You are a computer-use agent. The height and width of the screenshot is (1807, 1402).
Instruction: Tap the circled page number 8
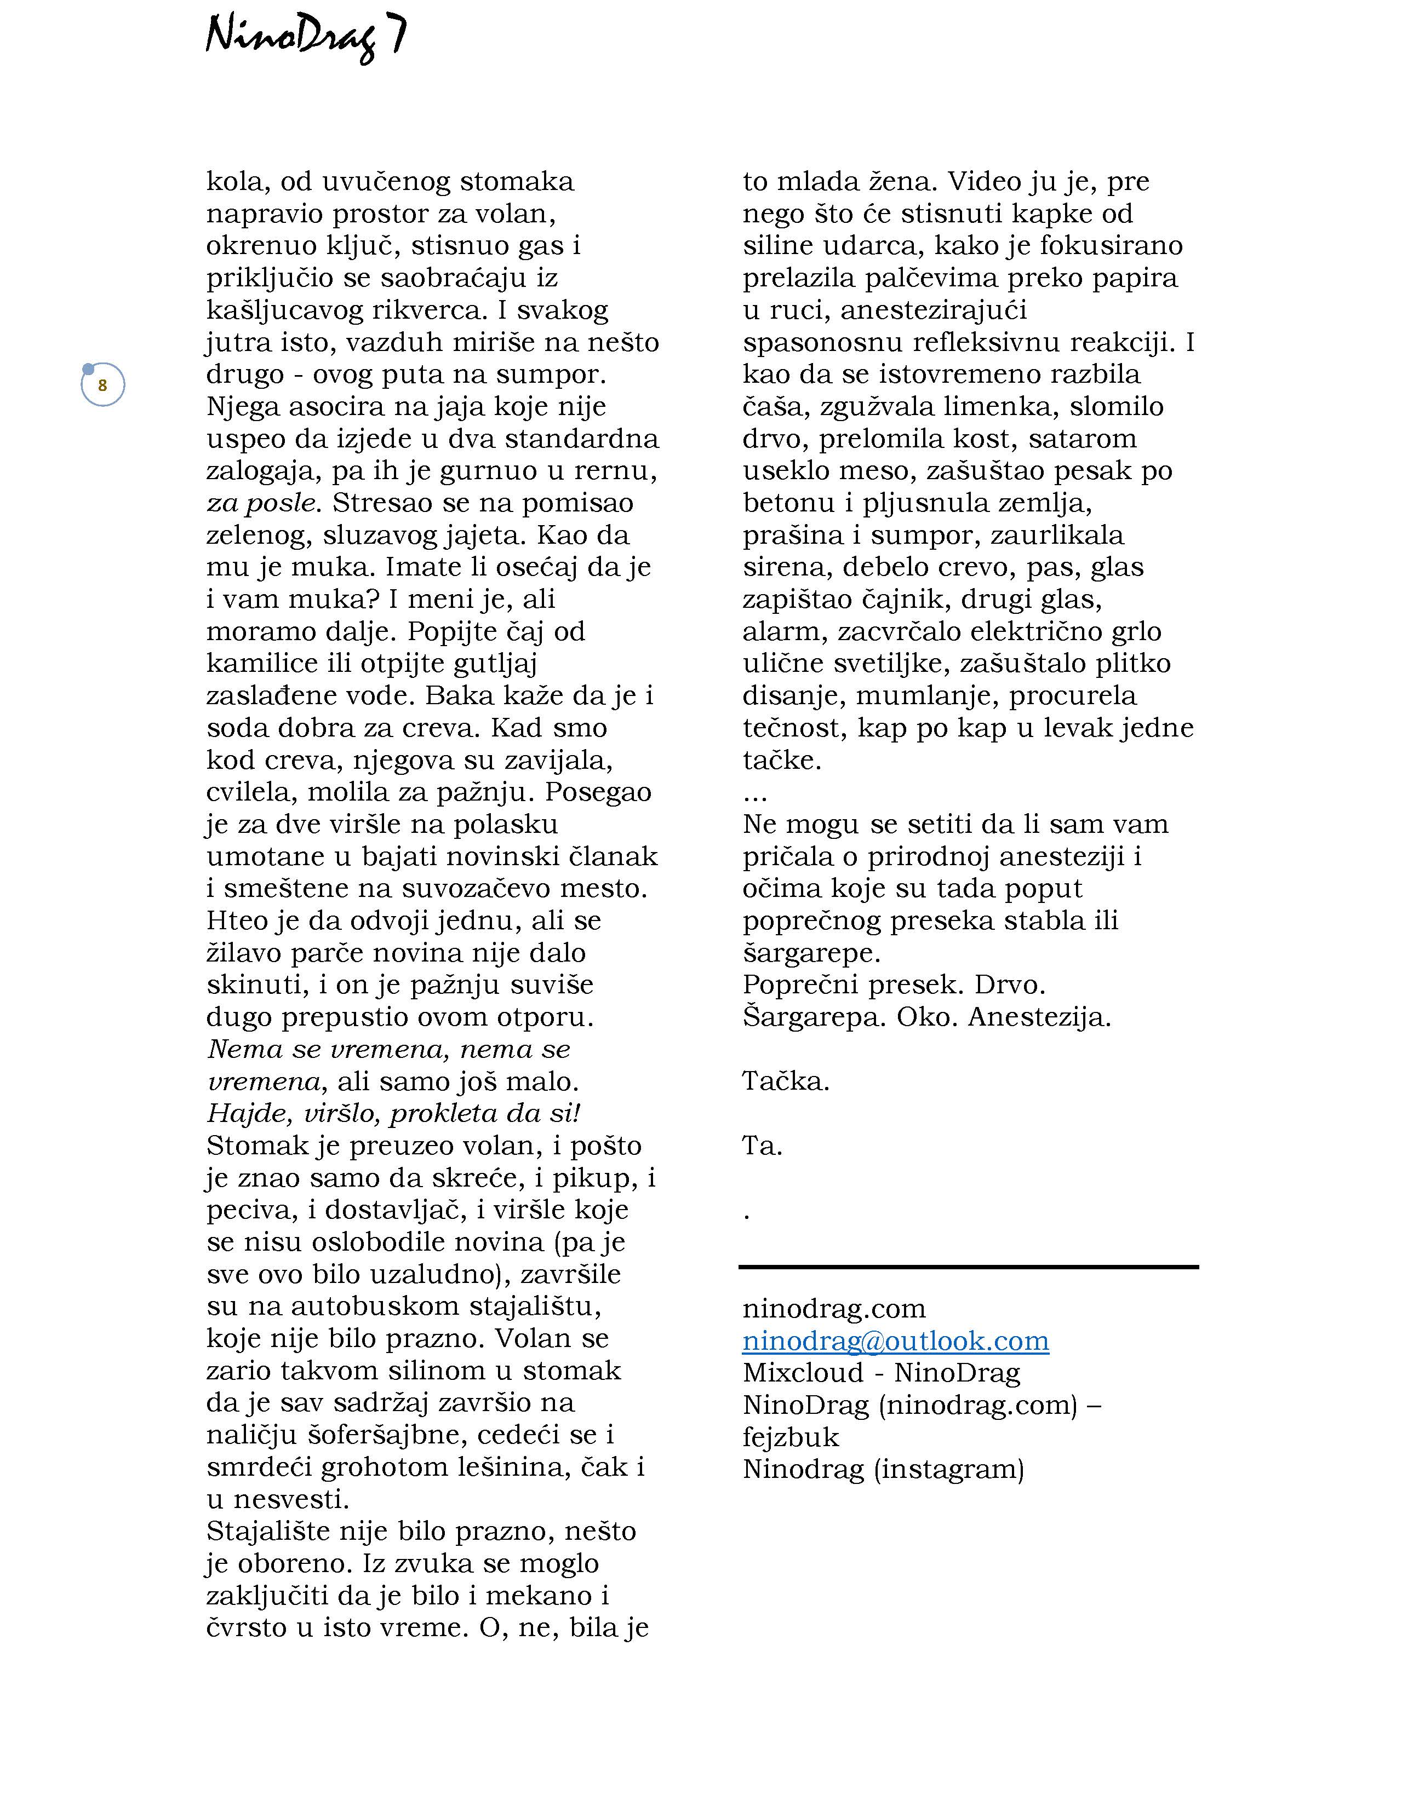tap(102, 385)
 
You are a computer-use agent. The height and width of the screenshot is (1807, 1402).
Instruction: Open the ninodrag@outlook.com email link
tap(895, 1341)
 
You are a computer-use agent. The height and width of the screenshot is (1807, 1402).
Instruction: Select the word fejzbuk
tap(791, 1437)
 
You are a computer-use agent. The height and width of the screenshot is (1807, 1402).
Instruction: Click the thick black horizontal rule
tap(968, 1267)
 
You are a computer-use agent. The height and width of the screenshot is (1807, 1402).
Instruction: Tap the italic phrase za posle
tap(261, 503)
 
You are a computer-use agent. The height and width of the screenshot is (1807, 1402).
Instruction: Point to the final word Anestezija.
tap(1039, 1017)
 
